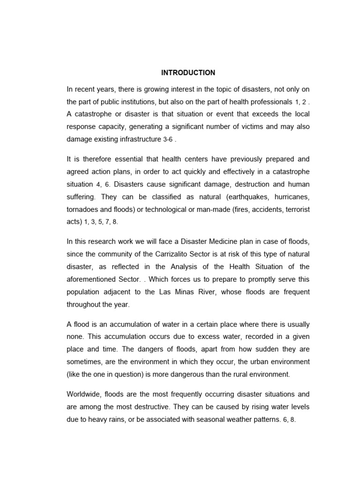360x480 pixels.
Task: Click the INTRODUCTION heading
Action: coord(188,73)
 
